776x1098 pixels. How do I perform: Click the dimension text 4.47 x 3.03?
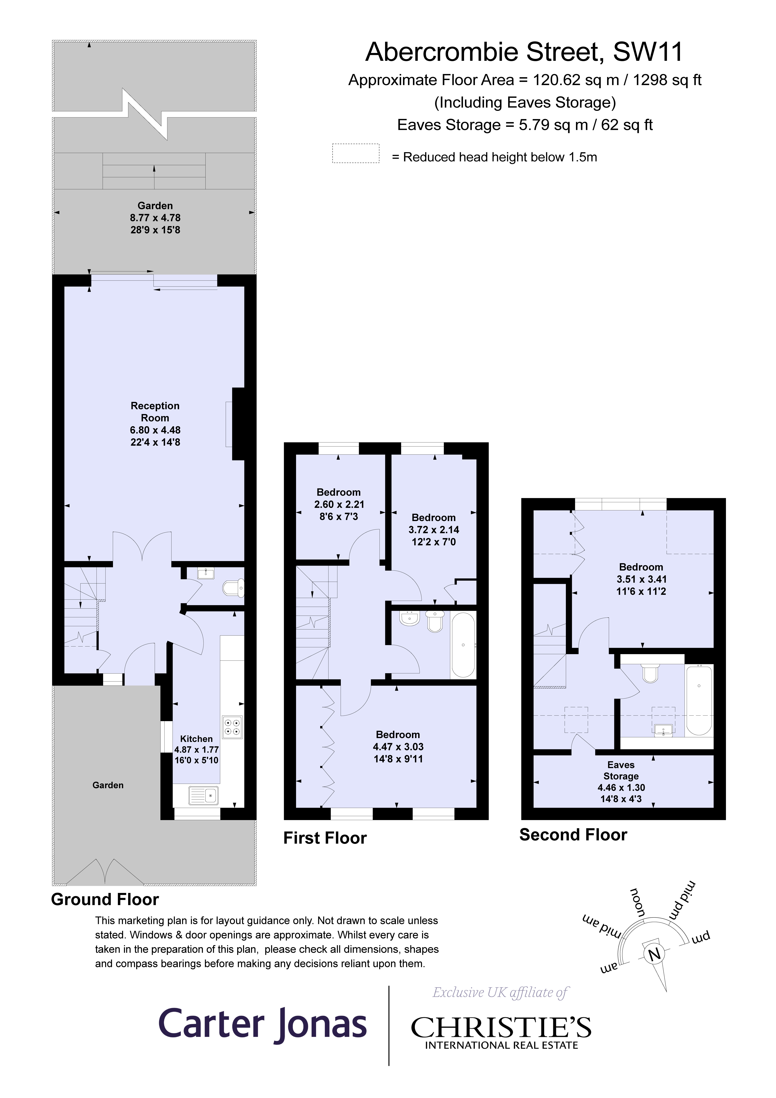coord(398,747)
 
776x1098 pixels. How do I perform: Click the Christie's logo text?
coord(501,1028)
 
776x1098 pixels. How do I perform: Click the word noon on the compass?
coord(637,902)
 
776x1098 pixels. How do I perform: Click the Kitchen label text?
coord(196,739)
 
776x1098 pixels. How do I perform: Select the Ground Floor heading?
coord(105,899)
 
